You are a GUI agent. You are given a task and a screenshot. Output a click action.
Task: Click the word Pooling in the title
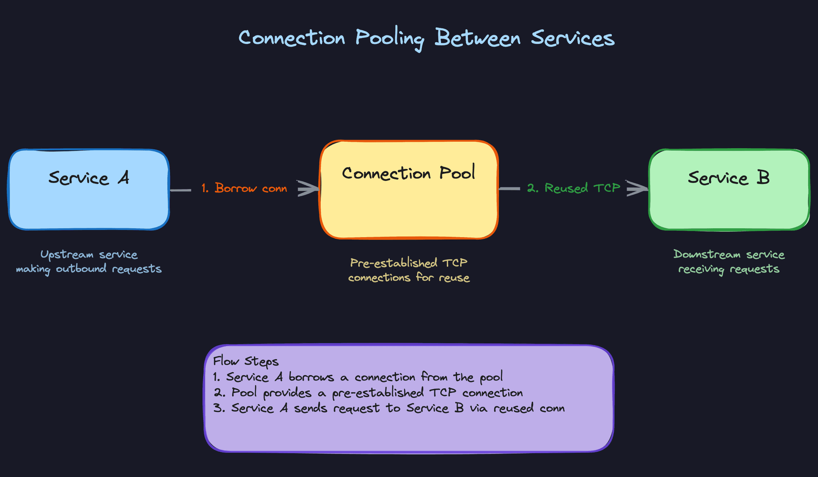(389, 38)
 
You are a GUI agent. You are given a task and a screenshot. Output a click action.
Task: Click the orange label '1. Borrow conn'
(244, 188)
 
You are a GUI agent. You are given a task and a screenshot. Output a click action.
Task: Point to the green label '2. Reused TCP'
(573, 188)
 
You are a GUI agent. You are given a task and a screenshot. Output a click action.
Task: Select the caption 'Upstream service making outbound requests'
(89, 261)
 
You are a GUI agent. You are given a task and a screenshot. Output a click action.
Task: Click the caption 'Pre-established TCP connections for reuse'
(409, 270)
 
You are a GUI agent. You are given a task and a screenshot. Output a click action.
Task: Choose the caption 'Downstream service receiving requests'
(729, 261)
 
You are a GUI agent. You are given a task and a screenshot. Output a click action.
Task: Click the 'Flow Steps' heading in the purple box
(245, 361)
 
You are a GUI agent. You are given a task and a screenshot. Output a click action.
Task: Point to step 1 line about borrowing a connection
(358, 377)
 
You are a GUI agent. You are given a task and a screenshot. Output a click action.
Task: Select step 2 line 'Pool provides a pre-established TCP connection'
(368, 393)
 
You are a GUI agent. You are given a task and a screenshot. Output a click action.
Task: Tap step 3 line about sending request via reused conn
(389, 408)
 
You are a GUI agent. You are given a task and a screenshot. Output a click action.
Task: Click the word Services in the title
(573, 38)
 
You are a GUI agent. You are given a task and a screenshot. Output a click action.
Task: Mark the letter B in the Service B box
(763, 178)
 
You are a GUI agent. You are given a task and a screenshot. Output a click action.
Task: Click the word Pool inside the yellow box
(457, 173)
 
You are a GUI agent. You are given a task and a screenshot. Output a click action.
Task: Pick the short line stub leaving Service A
(181, 190)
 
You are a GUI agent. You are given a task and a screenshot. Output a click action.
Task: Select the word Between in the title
(478, 38)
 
